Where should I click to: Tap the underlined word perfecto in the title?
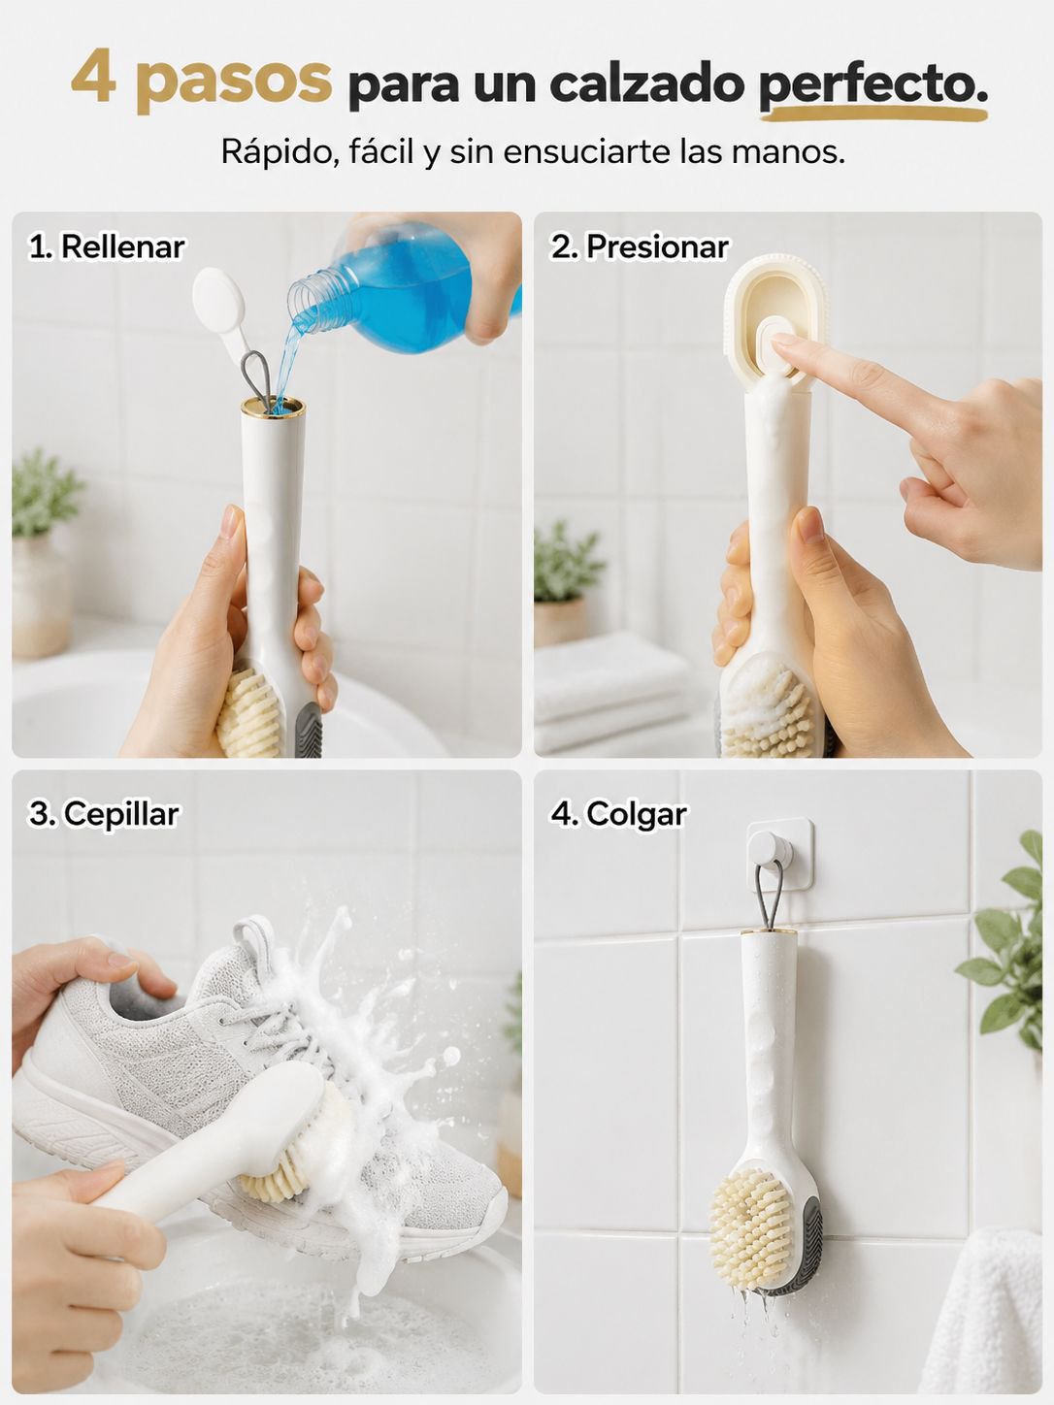point(873,84)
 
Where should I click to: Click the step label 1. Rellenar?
point(106,247)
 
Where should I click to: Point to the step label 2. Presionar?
point(640,247)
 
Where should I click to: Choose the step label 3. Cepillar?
point(104,814)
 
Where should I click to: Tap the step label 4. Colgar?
point(618,814)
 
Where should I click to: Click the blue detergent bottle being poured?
point(402,288)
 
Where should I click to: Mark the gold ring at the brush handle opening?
point(274,406)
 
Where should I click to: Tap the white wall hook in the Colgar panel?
point(779,854)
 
